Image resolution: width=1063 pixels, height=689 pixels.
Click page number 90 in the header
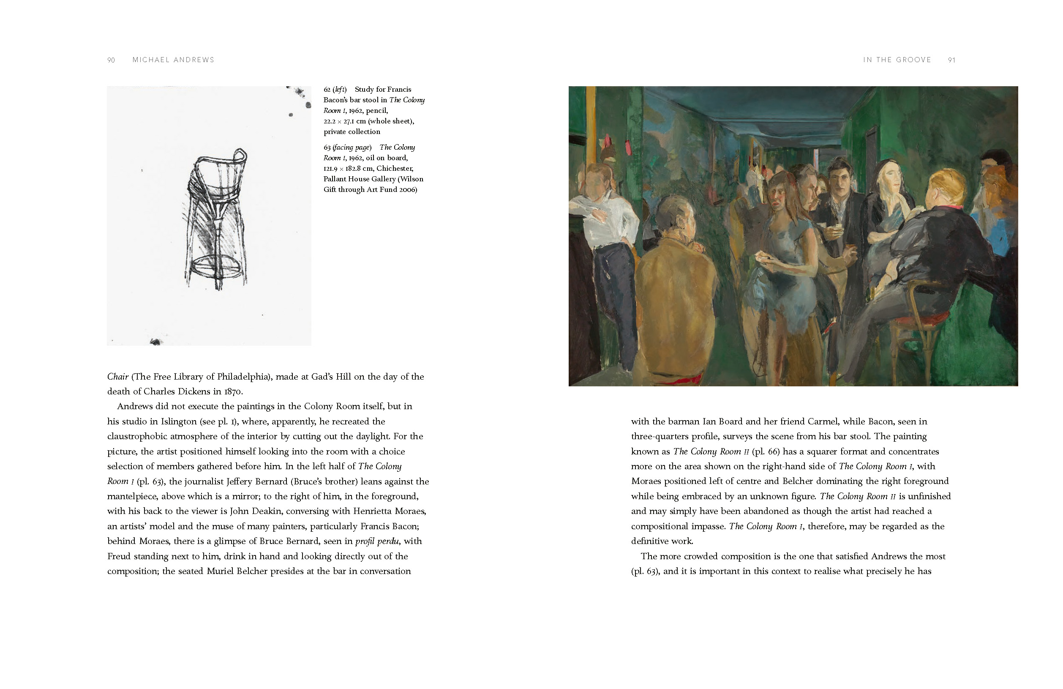tap(111, 60)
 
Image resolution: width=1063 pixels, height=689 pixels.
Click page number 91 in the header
tap(951, 60)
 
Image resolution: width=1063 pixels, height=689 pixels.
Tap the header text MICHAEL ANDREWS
tap(173, 60)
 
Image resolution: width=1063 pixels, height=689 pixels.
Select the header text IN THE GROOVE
tap(897, 60)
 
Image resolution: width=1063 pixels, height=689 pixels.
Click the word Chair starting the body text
tap(118, 377)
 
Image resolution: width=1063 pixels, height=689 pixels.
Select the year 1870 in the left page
tap(233, 392)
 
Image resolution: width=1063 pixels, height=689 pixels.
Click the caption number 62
tap(327, 89)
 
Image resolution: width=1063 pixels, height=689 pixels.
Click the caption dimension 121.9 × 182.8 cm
tap(348, 169)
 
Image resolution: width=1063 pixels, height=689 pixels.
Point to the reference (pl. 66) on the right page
tap(766, 451)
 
